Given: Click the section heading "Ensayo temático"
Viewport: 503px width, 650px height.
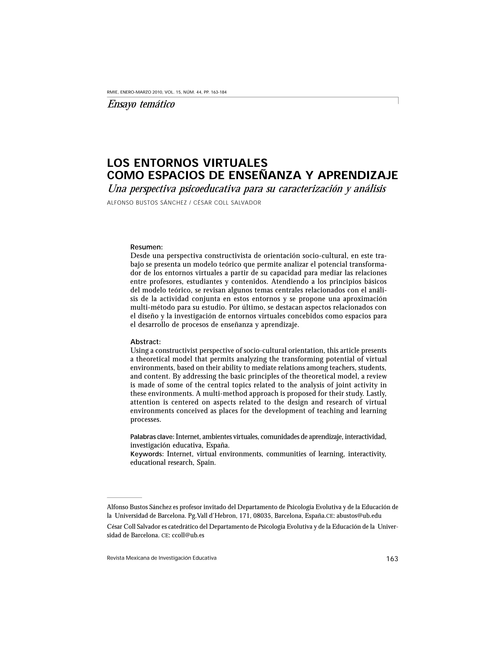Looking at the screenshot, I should point(141,104).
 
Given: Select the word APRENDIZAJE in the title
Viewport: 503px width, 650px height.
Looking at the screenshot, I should point(358,175).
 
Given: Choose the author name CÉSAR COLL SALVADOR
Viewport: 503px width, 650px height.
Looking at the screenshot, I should point(227,203).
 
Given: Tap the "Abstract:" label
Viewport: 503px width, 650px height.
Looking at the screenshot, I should point(145,342).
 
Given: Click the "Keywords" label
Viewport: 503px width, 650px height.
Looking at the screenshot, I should point(147,454).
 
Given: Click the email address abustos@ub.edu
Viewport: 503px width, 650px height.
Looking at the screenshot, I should point(359,516).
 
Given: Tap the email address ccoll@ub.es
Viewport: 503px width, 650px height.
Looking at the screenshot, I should point(188,535).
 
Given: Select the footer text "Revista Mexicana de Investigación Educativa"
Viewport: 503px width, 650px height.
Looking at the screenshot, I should point(162,558).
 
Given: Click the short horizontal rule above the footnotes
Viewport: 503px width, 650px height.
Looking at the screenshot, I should point(124,497).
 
